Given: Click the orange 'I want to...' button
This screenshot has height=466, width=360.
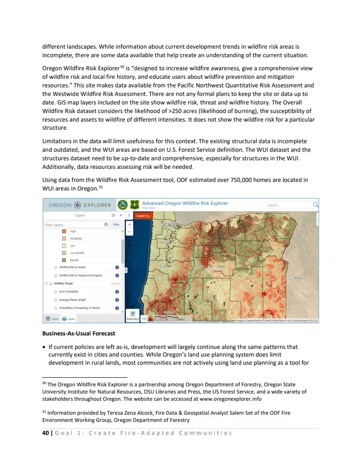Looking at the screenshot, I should point(144,216).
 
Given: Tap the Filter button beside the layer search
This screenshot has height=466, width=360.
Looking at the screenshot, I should point(116,224).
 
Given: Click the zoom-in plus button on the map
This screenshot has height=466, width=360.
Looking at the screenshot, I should point(130,224).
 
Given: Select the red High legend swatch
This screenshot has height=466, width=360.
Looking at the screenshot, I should point(64,231).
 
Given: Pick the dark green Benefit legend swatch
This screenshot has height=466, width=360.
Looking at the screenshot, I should point(64,260).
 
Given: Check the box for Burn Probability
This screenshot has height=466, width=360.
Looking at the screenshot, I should point(55,292).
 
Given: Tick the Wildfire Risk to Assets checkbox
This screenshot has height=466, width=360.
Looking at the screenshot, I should point(55,267).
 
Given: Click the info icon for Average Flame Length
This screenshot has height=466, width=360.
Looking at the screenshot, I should point(117,300).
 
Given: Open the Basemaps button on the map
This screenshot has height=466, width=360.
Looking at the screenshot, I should point(132,316).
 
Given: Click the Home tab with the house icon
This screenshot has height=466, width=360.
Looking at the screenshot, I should point(52,318).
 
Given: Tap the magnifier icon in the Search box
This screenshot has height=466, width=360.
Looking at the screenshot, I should point(315,205).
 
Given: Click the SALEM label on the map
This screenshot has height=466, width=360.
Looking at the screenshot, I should point(166,242).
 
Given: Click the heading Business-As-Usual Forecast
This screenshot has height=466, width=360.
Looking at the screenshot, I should point(79,334).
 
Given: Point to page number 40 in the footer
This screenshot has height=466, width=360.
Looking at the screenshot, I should point(46,433).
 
